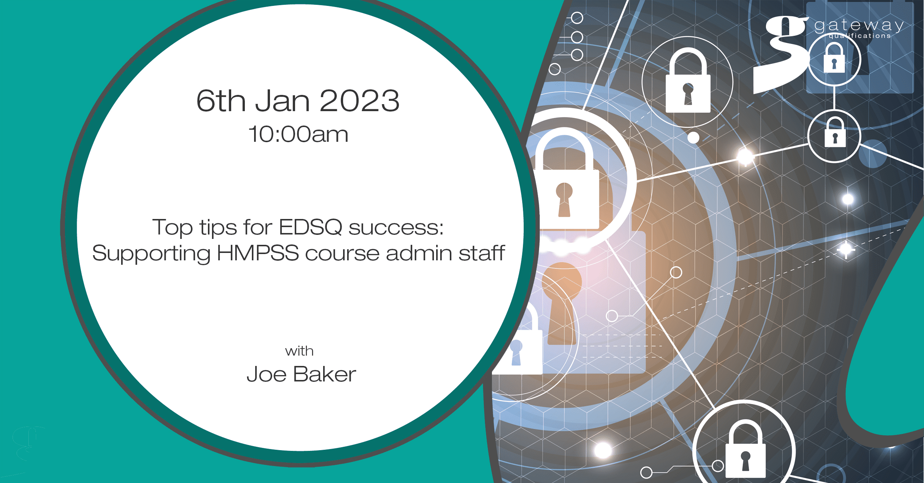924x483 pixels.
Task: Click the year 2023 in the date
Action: (x=359, y=100)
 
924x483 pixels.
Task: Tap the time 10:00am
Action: (x=298, y=134)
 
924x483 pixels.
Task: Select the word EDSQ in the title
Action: (x=311, y=227)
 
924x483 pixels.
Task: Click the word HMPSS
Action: (x=258, y=253)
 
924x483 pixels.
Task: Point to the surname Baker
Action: (x=325, y=374)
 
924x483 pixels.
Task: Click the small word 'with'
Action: (x=299, y=351)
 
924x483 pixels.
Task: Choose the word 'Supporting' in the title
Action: (x=151, y=254)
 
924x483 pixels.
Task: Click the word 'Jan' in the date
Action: (x=283, y=101)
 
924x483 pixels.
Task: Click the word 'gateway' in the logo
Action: (x=859, y=26)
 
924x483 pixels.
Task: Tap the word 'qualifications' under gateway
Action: (x=860, y=36)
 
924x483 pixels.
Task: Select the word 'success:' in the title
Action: (x=396, y=227)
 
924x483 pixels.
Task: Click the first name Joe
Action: (x=266, y=374)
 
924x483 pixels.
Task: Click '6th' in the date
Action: (x=221, y=100)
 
